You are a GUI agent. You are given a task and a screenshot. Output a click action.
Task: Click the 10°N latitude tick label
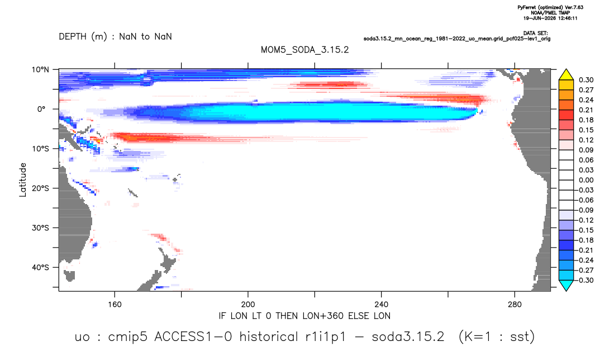(x=40, y=70)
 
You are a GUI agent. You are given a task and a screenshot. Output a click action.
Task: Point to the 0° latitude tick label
(x=42, y=109)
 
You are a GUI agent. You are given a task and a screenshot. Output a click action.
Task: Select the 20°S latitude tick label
(x=40, y=188)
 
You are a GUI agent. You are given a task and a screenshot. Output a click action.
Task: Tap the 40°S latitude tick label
(x=40, y=267)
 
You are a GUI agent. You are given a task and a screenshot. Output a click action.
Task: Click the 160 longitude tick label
(x=115, y=305)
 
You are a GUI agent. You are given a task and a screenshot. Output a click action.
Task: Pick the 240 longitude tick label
(x=382, y=305)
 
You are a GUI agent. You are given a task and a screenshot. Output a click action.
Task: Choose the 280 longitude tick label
(x=515, y=305)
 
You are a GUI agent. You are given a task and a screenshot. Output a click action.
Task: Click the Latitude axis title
(x=23, y=180)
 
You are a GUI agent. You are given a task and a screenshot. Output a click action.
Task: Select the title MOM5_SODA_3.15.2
(x=304, y=50)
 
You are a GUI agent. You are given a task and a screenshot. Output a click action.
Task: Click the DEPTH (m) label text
(x=83, y=37)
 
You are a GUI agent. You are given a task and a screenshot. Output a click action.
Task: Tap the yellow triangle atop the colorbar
(x=566, y=74)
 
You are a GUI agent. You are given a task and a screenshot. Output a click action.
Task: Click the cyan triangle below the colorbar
(x=566, y=286)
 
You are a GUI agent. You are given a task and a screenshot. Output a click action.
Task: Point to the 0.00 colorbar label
(x=586, y=181)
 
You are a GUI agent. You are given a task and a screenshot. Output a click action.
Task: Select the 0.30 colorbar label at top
(x=586, y=80)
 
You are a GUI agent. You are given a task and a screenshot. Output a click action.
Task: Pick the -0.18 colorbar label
(x=585, y=240)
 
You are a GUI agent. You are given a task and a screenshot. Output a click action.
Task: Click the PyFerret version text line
(x=550, y=8)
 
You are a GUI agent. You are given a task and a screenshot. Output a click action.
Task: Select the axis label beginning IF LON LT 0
(x=304, y=316)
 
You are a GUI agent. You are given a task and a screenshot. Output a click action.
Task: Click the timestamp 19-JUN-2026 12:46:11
(x=550, y=18)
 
